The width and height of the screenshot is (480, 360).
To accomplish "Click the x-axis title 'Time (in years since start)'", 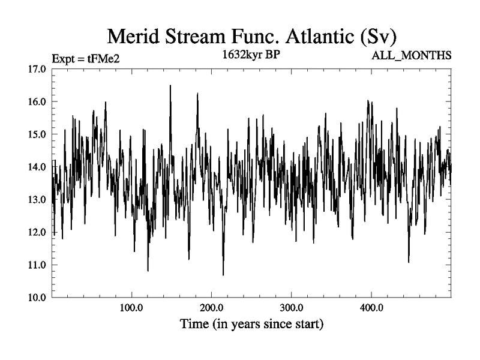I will click(252, 325).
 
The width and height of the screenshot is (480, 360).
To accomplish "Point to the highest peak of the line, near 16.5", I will click(170, 86).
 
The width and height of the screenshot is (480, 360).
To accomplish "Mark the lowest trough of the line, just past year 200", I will click(223, 274).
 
